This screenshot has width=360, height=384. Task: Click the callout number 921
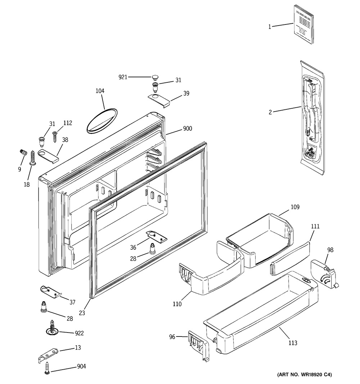click(123, 77)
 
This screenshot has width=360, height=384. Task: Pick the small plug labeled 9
click(24, 153)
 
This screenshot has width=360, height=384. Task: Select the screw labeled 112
click(55, 137)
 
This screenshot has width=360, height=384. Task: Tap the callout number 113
click(293, 343)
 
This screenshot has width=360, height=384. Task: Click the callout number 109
click(295, 207)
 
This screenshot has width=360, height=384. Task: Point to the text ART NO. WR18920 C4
click(304, 375)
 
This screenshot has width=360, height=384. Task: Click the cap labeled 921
click(155, 77)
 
